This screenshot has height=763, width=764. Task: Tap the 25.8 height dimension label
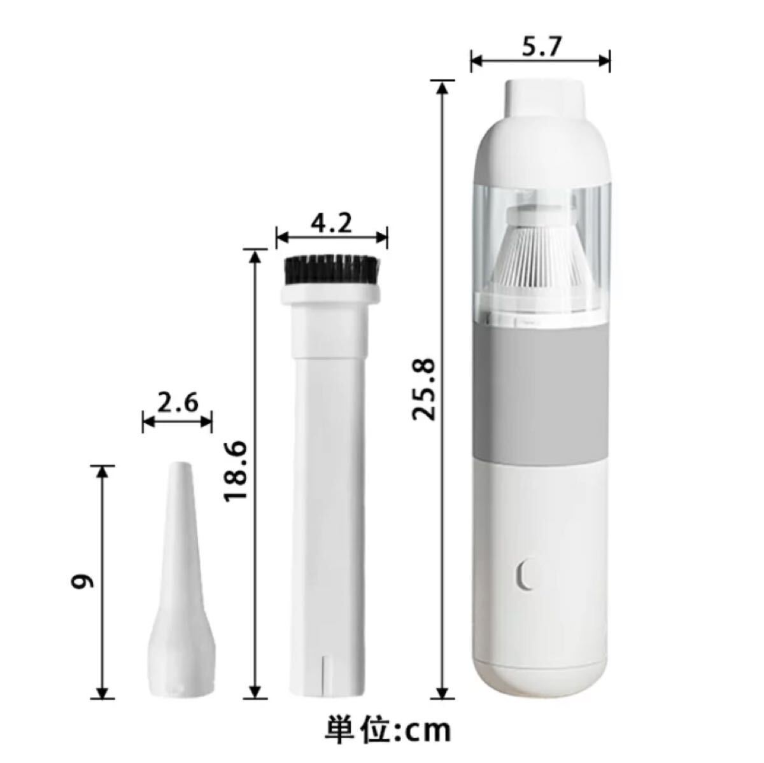(x=424, y=389)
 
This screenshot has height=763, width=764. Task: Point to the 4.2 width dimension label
(x=332, y=225)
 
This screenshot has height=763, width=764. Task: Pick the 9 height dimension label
(x=82, y=580)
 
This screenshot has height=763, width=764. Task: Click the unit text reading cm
(x=428, y=729)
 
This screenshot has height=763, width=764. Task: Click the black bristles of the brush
(x=332, y=270)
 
